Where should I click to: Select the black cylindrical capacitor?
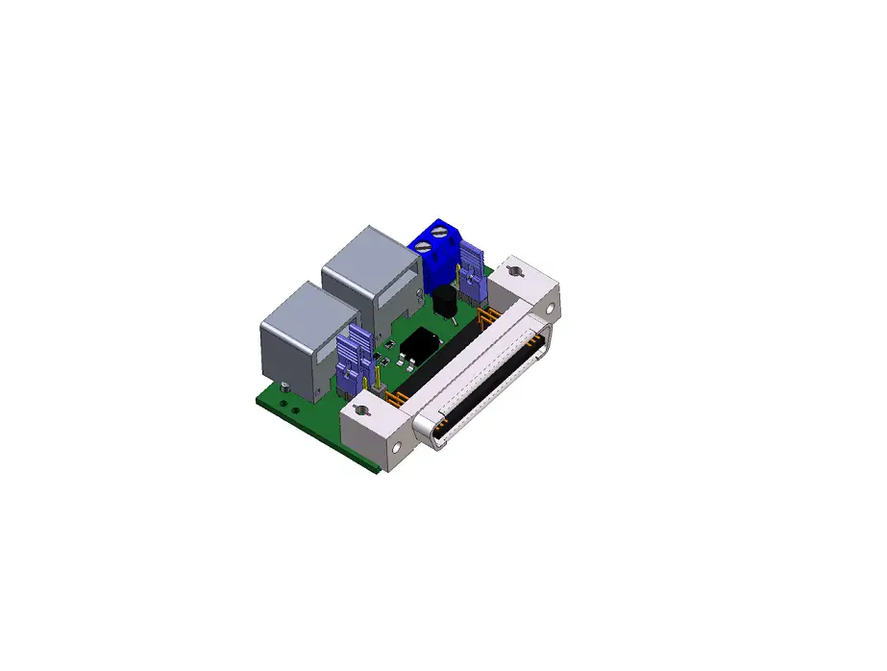tap(445, 302)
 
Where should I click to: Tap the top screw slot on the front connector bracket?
tap(362, 411)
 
